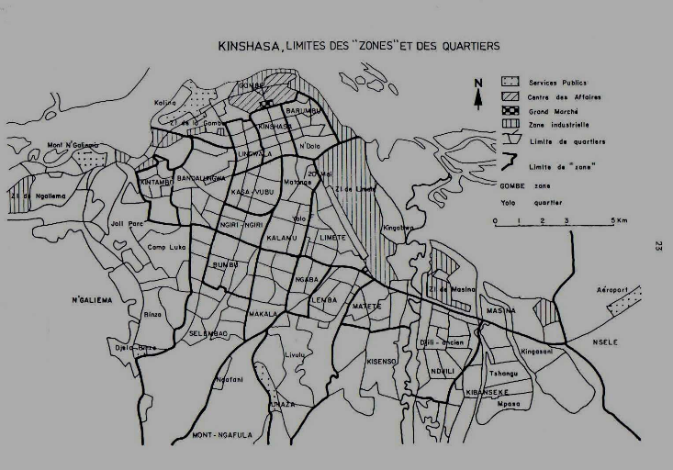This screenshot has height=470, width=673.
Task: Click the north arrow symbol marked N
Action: pyautogui.click(x=477, y=94)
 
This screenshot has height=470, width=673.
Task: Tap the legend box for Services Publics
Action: pyautogui.click(x=488, y=82)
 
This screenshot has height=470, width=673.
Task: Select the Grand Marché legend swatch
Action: pyautogui.click(x=488, y=109)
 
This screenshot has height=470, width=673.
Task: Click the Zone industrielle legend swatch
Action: pyautogui.click(x=488, y=124)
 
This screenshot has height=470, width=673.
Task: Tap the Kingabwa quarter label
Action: pyautogui.click(x=398, y=227)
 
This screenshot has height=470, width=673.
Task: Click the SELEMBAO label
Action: pyautogui.click(x=208, y=333)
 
